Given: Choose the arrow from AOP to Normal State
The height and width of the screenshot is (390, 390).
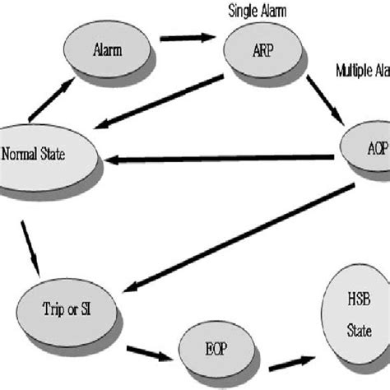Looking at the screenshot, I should tap(222, 159).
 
